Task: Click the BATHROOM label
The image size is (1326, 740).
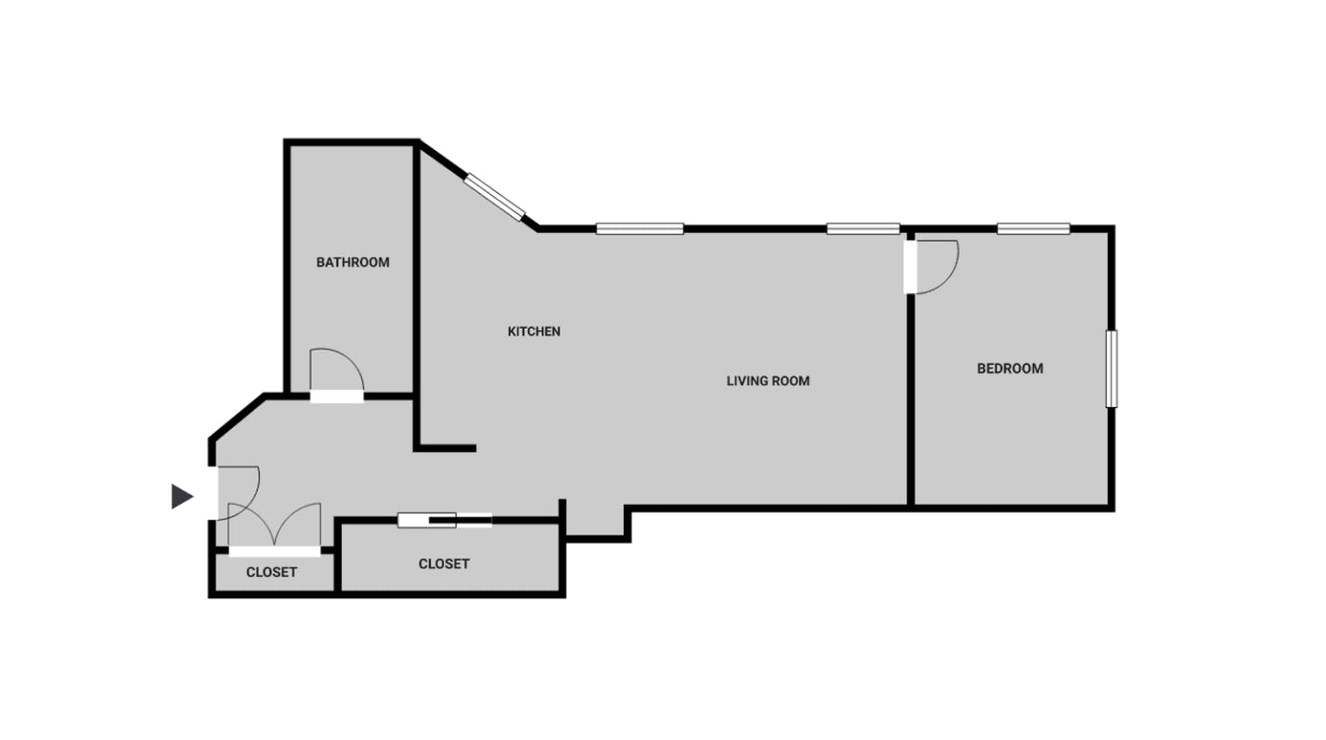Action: [352, 262]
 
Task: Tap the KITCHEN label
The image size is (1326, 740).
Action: [534, 331]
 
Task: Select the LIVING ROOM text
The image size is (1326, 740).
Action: [768, 381]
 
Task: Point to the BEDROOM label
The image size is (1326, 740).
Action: [1010, 369]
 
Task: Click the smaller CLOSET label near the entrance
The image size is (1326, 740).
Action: [271, 572]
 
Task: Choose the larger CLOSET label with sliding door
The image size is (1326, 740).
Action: [444, 564]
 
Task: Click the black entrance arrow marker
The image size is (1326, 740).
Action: [181, 496]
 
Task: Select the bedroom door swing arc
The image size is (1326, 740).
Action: [951, 278]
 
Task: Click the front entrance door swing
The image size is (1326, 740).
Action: [251, 503]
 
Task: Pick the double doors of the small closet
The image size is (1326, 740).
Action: [275, 526]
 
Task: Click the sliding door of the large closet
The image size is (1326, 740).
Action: [445, 520]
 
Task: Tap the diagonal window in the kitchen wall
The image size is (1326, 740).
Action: [495, 197]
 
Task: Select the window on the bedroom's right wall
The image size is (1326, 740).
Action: [1111, 369]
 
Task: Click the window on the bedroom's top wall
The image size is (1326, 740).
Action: [1034, 228]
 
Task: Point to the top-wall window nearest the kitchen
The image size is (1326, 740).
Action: [640, 228]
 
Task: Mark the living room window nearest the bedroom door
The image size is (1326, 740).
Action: [863, 228]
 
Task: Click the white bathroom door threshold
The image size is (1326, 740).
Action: [337, 397]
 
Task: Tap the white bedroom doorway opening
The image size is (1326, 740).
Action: [911, 267]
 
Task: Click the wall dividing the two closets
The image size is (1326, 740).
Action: [338, 556]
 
